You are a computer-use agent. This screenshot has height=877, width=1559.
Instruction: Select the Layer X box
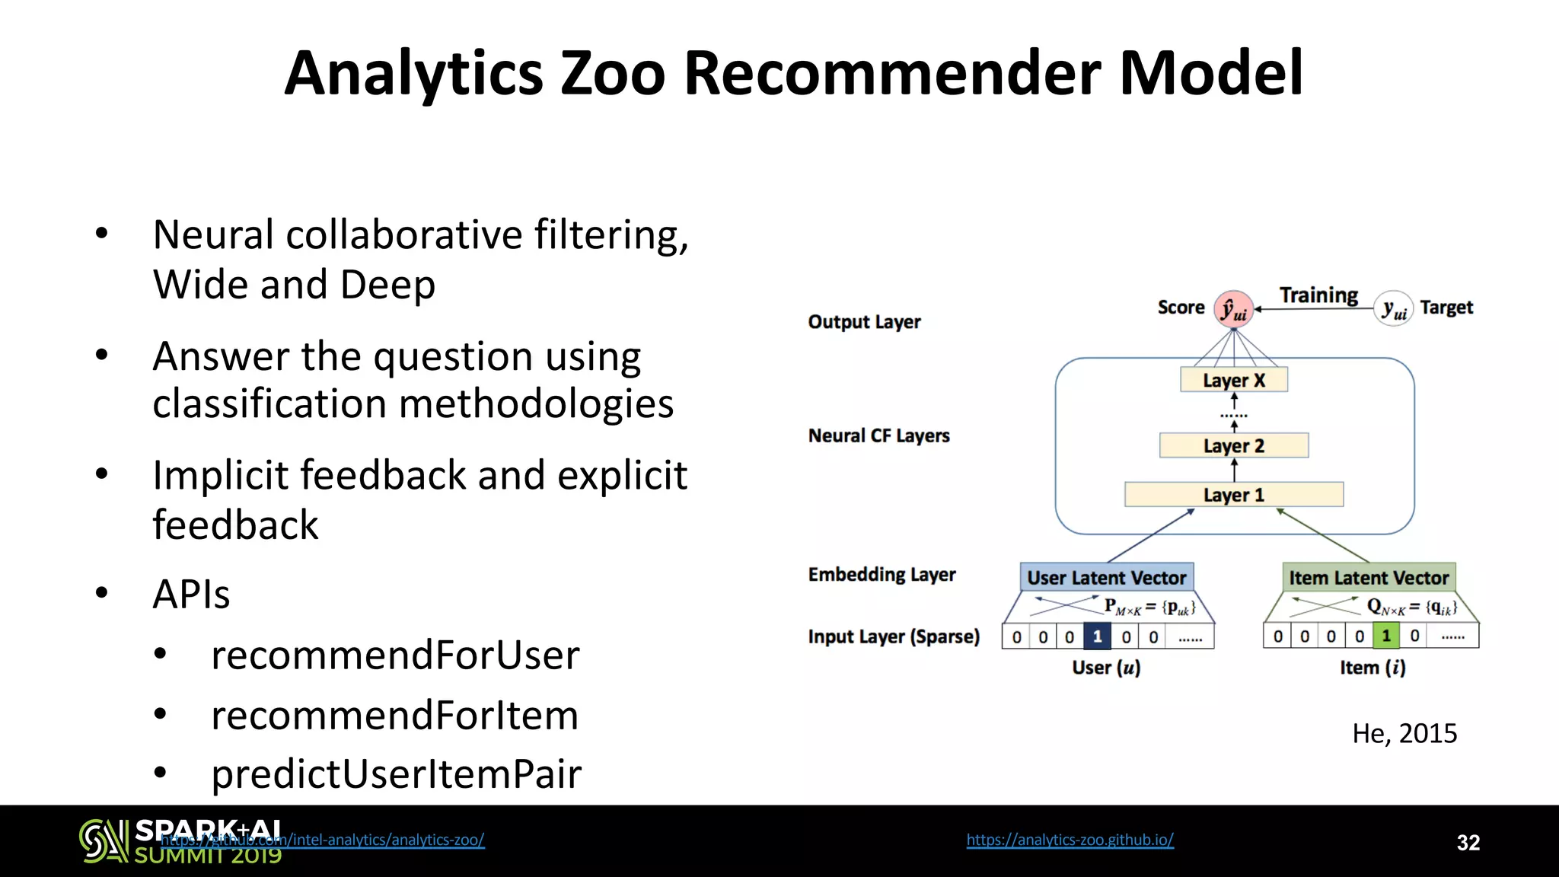pyautogui.click(x=1233, y=380)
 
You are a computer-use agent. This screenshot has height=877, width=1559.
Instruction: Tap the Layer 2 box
pyautogui.click(x=1233, y=445)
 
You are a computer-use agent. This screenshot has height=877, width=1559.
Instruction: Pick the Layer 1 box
pyautogui.click(x=1233, y=495)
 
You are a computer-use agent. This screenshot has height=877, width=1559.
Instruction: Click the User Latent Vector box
pyautogui.click(x=1106, y=578)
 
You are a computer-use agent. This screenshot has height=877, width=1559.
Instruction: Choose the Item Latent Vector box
pyautogui.click(x=1369, y=578)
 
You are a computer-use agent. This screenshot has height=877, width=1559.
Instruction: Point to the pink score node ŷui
pyautogui.click(x=1233, y=309)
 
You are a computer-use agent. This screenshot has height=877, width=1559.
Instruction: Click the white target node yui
pyautogui.click(x=1394, y=308)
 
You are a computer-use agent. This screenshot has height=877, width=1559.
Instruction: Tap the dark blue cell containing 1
pyautogui.click(x=1097, y=636)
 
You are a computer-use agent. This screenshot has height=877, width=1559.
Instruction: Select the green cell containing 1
pyautogui.click(x=1386, y=636)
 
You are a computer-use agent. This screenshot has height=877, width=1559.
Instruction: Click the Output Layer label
pyautogui.click(x=864, y=322)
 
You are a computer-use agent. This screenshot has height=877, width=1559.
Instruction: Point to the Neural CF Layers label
pyautogui.click(x=878, y=435)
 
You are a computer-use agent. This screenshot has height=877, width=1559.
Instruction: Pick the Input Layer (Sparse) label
pyautogui.click(x=893, y=636)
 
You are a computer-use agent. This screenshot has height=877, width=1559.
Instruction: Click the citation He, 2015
pyautogui.click(x=1404, y=733)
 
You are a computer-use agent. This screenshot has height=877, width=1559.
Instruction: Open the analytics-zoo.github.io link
pyautogui.click(x=1070, y=840)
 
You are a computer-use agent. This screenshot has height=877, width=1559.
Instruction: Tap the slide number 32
pyautogui.click(x=1468, y=843)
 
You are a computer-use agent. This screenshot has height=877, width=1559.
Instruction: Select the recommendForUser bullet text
pyautogui.click(x=395, y=655)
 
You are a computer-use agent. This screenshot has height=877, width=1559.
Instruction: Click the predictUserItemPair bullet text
pyautogui.click(x=396, y=773)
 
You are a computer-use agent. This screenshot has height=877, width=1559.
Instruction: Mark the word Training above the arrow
pyautogui.click(x=1318, y=295)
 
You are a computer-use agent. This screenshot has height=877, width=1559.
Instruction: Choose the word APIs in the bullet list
pyautogui.click(x=191, y=594)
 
